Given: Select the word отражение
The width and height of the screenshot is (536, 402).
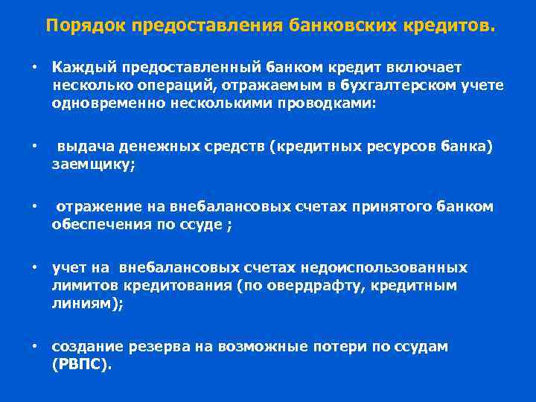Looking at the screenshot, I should tap(96, 206).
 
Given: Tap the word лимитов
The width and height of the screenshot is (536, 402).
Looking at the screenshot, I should tap(81, 285).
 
